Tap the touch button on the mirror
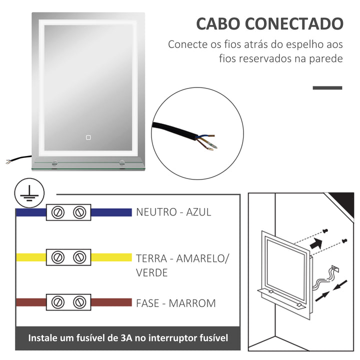click(87, 136)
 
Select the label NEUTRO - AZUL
click(173, 212)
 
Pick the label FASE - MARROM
click(175, 303)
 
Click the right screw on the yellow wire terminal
click(79, 257)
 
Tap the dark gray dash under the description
click(327, 88)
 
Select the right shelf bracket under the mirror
click(122, 162)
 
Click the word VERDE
click(152, 273)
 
